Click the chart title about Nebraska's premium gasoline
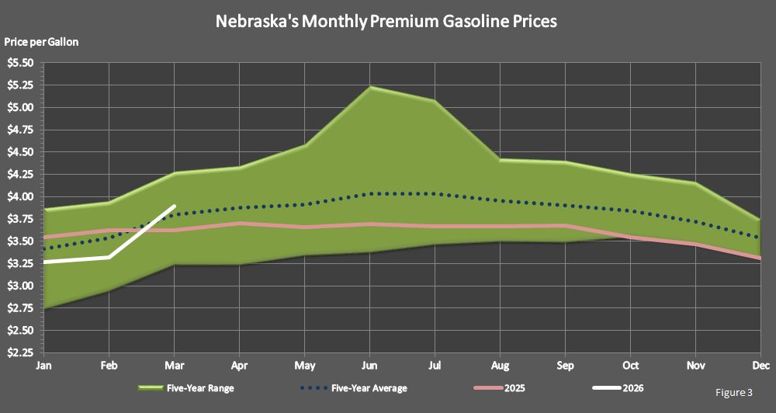click(386, 22)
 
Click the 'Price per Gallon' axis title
click(41, 41)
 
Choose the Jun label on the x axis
click(370, 365)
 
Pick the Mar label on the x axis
click(175, 365)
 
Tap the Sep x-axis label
click(566, 365)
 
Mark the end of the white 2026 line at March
click(175, 206)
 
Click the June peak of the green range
click(370, 87)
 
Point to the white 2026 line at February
click(109, 257)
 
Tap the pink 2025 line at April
click(240, 224)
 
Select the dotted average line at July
click(435, 193)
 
